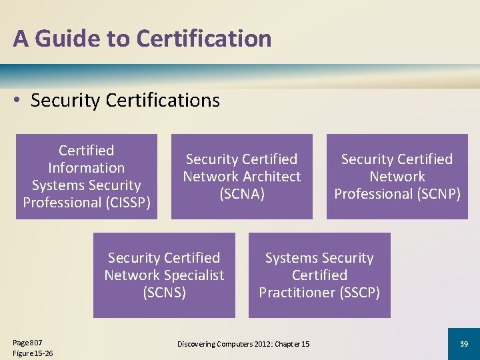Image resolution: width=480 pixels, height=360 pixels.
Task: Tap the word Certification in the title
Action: pyautogui.click(x=203, y=39)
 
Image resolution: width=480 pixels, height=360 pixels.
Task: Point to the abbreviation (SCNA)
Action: pyautogui.click(x=241, y=194)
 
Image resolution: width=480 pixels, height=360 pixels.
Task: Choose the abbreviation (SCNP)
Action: pyautogui.click(x=435, y=194)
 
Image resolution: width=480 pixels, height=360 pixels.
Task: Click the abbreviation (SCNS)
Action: pyautogui.click(x=164, y=293)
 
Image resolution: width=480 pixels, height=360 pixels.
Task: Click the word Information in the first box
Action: pyautogui.click(x=86, y=168)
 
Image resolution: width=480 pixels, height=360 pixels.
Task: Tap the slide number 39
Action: pyautogui.click(x=463, y=343)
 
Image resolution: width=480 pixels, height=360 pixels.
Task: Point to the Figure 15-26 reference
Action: pyautogui.click(x=33, y=353)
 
